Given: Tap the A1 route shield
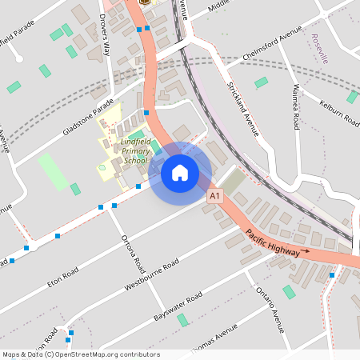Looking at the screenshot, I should [x=214, y=195].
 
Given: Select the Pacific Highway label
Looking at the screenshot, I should [x=271, y=242].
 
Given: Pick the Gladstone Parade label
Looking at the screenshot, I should [x=82, y=121].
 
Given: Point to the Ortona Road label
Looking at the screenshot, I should [x=132, y=252].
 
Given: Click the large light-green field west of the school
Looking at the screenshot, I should [x=53, y=171].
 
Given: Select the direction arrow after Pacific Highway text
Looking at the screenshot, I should [x=303, y=252].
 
